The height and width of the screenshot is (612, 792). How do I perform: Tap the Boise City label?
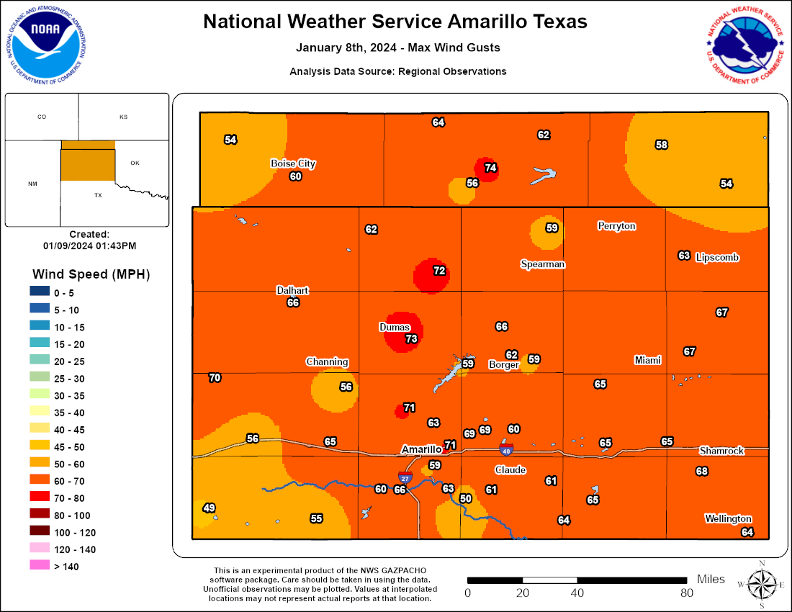[x=293, y=163]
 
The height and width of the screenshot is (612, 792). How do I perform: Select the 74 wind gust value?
[x=491, y=168]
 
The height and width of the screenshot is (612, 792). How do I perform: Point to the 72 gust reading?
[x=439, y=271]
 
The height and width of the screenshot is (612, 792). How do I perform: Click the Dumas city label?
[x=395, y=327]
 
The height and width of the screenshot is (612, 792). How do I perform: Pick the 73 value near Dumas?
[x=412, y=338]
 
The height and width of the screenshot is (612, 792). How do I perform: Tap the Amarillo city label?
[x=420, y=449]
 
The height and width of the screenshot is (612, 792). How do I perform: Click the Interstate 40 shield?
[x=506, y=450]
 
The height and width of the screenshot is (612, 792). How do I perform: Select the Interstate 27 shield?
[x=405, y=477]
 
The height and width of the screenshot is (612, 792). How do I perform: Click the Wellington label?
[x=728, y=518]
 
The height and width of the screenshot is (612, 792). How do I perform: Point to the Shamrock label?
[x=721, y=451]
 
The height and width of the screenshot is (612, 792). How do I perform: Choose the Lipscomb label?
[x=718, y=257]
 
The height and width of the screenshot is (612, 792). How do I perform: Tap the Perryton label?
[x=616, y=226]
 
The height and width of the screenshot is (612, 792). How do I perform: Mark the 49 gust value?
[x=210, y=508]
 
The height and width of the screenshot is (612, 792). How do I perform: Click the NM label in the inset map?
[x=32, y=184]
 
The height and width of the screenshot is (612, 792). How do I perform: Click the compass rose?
[x=761, y=580]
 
